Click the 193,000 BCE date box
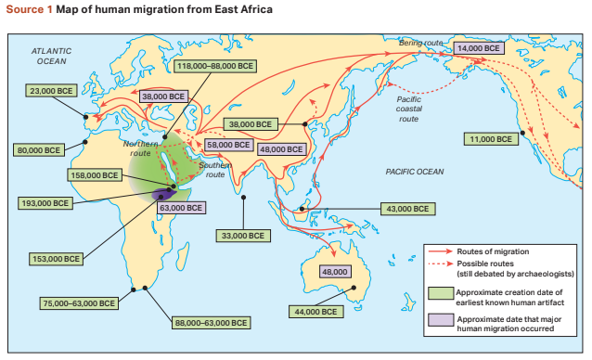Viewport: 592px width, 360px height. [x=44, y=203]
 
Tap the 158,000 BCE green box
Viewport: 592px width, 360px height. [x=97, y=174]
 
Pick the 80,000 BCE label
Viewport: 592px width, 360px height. [x=39, y=149]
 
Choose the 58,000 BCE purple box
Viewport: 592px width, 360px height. [x=228, y=145]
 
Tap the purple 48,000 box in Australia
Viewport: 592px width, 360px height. [x=334, y=272]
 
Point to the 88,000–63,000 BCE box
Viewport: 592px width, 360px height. [x=211, y=323]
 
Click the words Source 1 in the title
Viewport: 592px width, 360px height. [x=28, y=9]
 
